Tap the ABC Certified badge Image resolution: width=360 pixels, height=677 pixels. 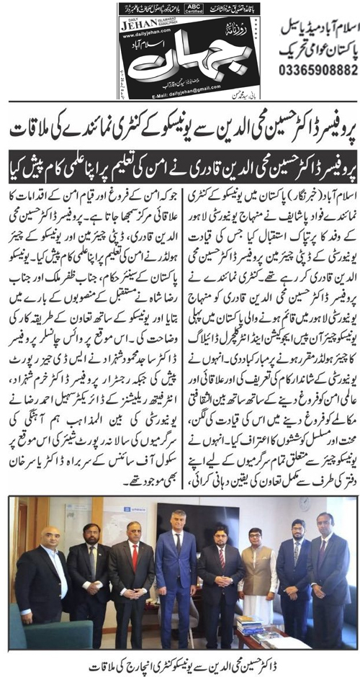tap(194, 10)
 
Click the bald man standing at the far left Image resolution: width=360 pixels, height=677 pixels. tap(43, 569)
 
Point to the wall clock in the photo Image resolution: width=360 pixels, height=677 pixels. tap(304, 503)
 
